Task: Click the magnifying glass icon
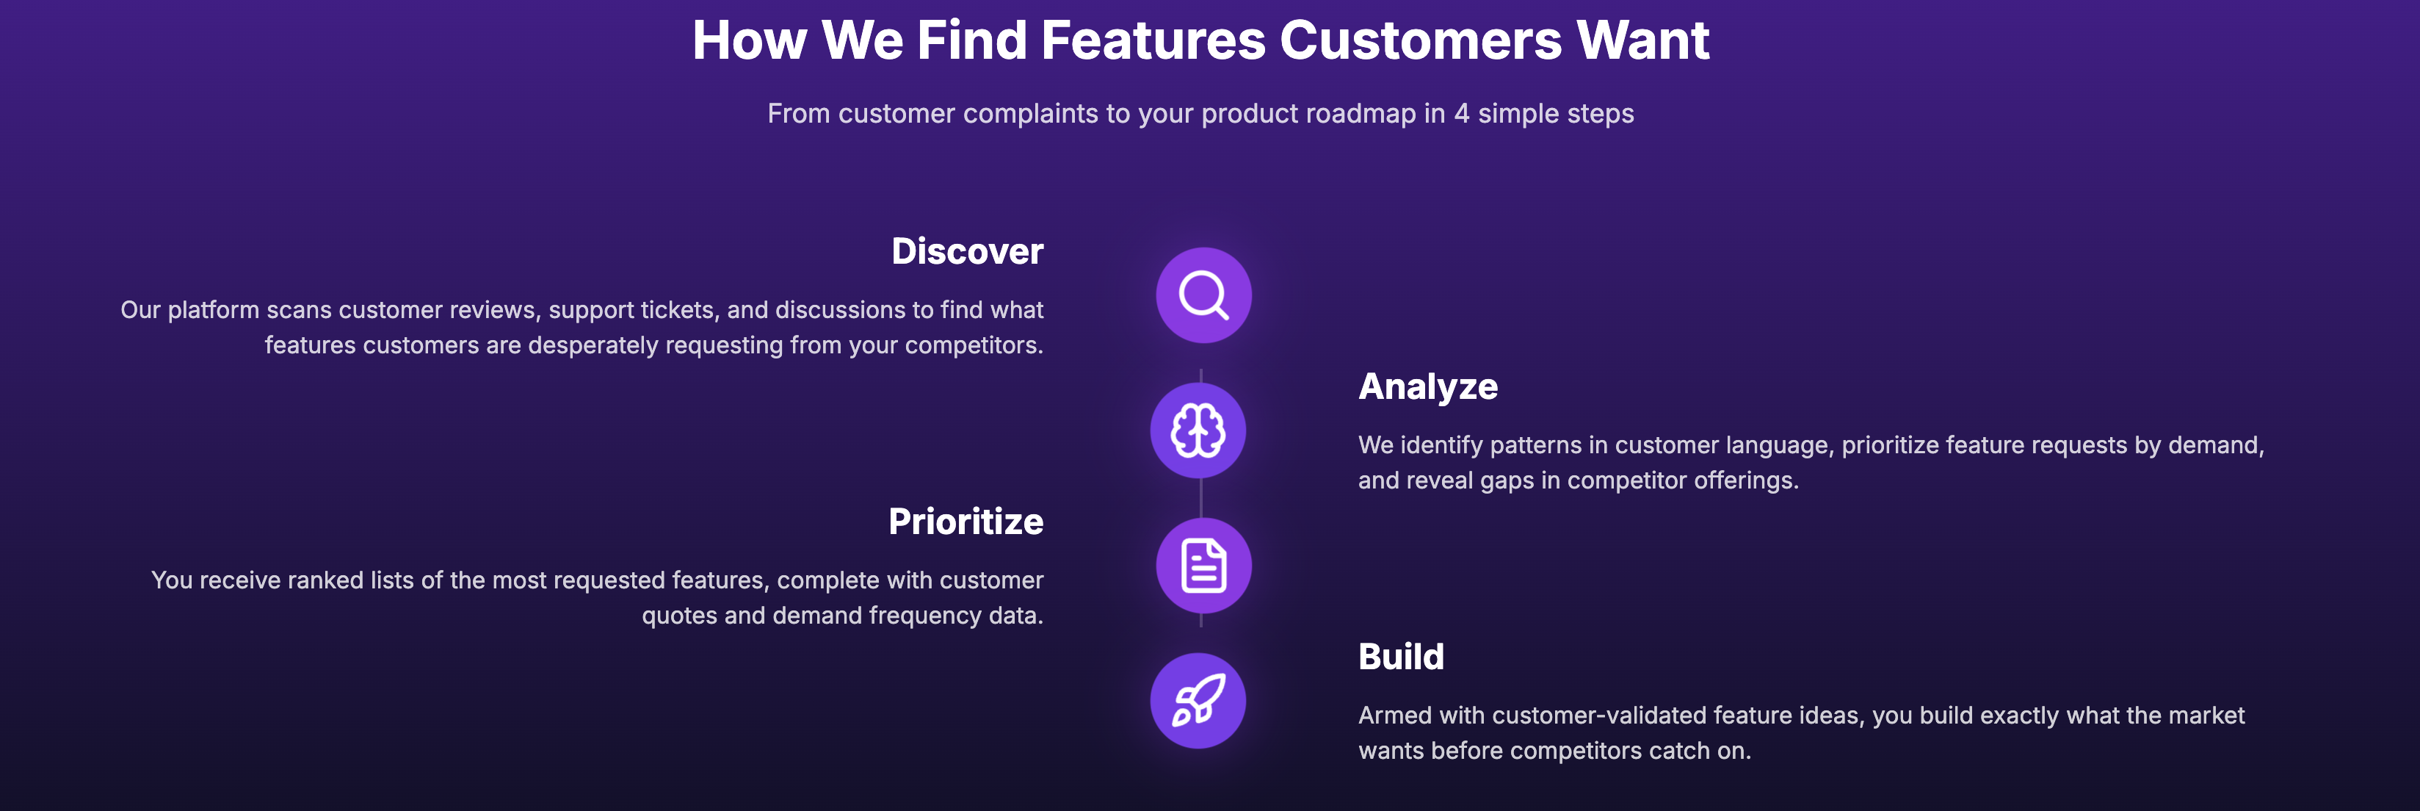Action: (1203, 295)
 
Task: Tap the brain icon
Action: (1198, 430)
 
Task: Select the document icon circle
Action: (1203, 566)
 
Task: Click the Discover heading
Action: (967, 251)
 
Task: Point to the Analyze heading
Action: (1428, 386)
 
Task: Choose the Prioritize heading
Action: (966, 522)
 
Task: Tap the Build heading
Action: (1401, 657)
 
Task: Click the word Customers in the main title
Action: (1421, 40)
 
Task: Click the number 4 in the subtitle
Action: (1461, 114)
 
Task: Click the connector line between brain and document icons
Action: (1200, 498)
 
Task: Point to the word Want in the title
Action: (1642, 40)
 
